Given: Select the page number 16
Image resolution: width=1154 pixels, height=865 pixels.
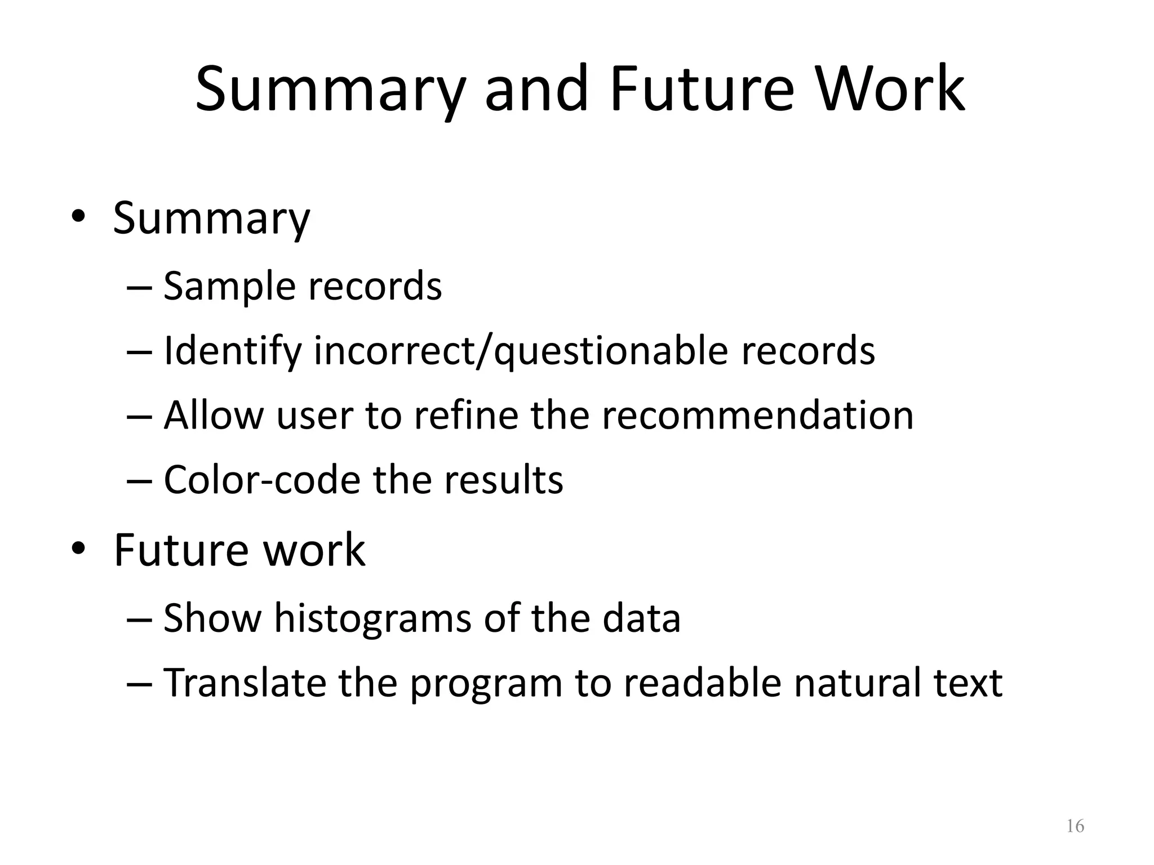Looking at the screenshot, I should [x=1075, y=826].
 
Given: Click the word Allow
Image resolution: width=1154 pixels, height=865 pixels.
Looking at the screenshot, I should [x=214, y=416].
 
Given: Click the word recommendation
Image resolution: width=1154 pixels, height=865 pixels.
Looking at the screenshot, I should [x=757, y=416].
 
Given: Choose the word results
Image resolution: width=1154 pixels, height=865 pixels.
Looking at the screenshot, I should [x=503, y=480].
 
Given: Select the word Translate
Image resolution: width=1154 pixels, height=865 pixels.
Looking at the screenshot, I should [x=245, y=683].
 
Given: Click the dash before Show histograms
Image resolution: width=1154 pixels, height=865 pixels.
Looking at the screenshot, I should [x=139, y=618].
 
